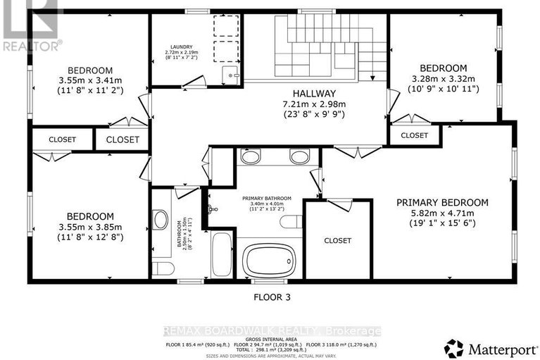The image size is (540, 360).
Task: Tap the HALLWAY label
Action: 315,93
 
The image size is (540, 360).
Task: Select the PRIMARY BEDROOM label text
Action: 441,202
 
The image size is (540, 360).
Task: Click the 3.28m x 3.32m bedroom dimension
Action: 444,79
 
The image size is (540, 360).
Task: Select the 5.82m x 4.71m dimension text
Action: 441,213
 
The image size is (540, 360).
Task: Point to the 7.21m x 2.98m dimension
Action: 315,104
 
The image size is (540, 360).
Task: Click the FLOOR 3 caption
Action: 271,297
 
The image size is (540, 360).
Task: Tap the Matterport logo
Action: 485,347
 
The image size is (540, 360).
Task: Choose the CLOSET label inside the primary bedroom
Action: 337,241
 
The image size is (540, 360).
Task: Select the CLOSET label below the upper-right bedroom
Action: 414,135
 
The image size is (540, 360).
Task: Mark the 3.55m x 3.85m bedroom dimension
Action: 90,227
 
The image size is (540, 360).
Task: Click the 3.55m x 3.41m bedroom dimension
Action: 90,81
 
